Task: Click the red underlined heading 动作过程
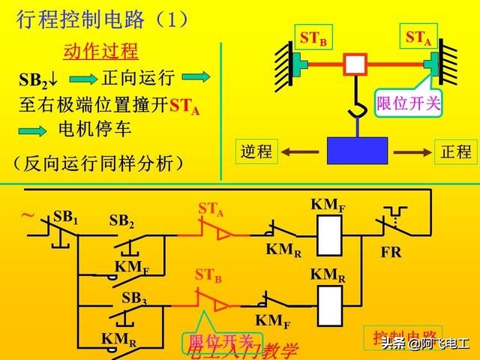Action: pos(100,52)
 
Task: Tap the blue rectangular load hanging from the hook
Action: pos(357,149)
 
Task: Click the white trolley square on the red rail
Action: pos(354,64)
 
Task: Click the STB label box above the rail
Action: pos(313,37)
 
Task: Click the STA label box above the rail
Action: pos(418,37)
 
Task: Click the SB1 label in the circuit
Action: pos(66,217)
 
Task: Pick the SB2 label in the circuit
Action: pos(121,220)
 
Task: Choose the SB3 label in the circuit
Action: pos(133,298)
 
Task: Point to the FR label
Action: pos(391,253)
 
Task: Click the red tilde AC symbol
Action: pos(28,216)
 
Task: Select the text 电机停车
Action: pos(94,130)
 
